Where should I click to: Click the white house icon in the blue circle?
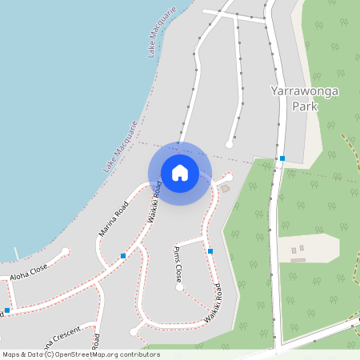[x=180, y=172]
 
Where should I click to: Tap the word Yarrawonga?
[x=305, y=91]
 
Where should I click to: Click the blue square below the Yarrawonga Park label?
[x=282, y=158]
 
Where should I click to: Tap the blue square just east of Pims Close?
[x=210, y=251]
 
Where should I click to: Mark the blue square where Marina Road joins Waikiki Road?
[x=123, y=256]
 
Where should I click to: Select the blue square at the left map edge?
[x=6, y=310]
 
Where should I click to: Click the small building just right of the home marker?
[x=224, y=188]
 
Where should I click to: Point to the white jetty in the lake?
[x=15, y=254]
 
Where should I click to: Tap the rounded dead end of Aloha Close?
[x=65, y=251]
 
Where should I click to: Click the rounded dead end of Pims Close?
[x=179, y=288]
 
